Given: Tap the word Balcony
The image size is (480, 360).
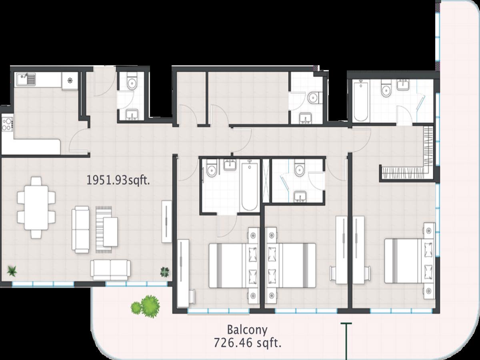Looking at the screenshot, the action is click(x=247, y=330).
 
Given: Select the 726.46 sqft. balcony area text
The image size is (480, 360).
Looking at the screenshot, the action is click(x=247, y=343).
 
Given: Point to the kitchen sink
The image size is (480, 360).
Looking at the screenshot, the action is click(x=26, y=79).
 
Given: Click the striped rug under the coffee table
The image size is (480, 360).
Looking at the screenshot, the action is click(x=104, y=230).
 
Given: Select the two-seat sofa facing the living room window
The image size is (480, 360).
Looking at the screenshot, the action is click(x=110, y=270).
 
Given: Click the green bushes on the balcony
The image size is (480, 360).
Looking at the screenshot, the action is click(x=146, y=305).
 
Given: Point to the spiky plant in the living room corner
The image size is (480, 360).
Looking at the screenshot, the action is click(x=12, y=271).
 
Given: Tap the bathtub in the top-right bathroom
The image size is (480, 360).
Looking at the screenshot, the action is click(x=361, y=100).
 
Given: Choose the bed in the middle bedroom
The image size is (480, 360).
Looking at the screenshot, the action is click(x=290, y=266).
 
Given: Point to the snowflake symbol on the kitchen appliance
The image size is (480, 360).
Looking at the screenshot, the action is click(x=70, y=81).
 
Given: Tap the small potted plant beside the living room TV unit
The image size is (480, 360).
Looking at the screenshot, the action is click(x=165, y=272).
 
